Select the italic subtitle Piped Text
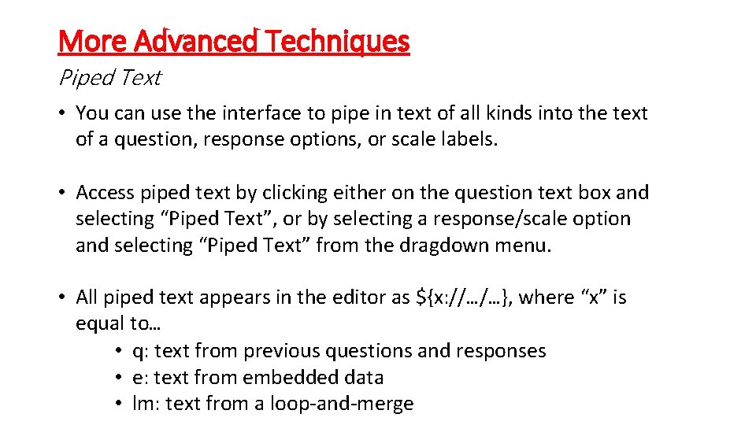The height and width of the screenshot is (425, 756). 109,77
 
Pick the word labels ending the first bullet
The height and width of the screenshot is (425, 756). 469,139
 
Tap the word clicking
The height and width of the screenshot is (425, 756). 297,193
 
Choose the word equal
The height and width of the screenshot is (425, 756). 100,323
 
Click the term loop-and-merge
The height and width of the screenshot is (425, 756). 342,404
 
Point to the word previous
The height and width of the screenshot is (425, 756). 280,350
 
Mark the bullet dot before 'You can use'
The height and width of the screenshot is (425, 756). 61,113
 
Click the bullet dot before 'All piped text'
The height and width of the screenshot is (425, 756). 61,297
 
